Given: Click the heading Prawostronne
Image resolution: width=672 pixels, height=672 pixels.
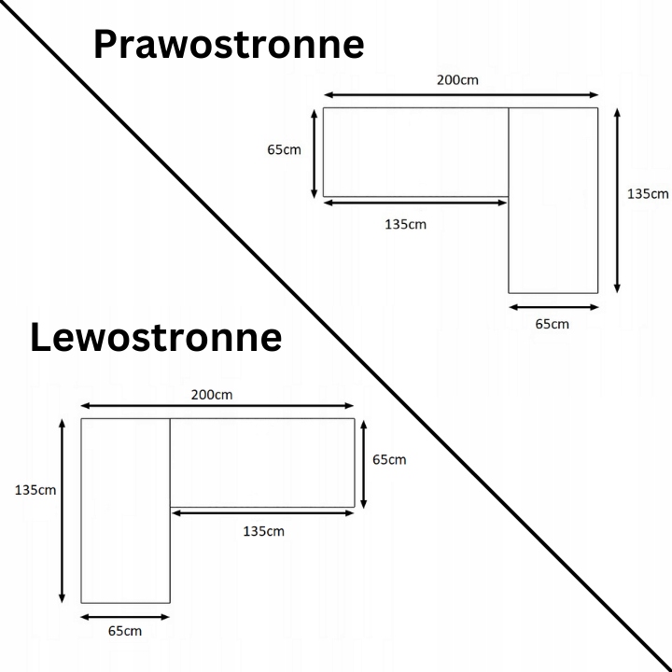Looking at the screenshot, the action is tap(229, 44).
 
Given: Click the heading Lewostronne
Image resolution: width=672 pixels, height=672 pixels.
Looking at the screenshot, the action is tap(156, 337).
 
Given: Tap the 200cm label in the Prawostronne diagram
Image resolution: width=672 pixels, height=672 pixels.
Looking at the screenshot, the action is tap(457, 79).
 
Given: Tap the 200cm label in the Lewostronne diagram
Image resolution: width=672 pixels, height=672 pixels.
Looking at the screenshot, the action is tap(212, 394).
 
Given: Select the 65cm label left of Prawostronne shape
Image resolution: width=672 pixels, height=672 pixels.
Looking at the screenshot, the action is tap(284, 150).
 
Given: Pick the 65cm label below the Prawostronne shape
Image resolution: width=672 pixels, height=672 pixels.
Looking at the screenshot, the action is tap(552, 324).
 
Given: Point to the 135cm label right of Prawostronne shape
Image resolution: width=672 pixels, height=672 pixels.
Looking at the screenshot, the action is tap(648, 194).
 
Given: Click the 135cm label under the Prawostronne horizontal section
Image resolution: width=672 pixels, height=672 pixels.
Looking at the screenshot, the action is tap(405, 224).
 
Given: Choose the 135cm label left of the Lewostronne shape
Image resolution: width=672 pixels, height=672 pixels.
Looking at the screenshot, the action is tap(35, 489).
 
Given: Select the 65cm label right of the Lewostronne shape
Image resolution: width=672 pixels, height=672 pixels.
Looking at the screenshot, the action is tap(389, 459).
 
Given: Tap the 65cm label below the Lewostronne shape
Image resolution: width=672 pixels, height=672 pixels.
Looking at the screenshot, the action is tap(125, 631).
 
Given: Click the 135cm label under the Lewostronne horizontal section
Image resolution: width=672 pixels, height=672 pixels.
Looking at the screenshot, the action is tap(263, 531).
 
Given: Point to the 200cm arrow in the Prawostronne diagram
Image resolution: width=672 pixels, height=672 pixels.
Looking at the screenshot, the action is tap(461, 94).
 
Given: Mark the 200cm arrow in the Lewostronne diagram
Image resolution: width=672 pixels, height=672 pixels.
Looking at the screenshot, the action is tap(217, 406).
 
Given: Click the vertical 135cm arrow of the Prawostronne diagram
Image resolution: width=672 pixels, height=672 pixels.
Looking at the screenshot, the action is tap(617, 200).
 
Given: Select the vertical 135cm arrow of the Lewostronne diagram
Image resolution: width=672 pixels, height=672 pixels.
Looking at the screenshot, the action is tap(62, 511).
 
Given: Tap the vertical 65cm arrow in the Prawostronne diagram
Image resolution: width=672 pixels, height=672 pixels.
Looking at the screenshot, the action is tap(315, 153).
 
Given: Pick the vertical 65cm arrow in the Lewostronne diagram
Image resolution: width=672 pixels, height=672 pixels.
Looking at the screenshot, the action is tap(363, 463).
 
